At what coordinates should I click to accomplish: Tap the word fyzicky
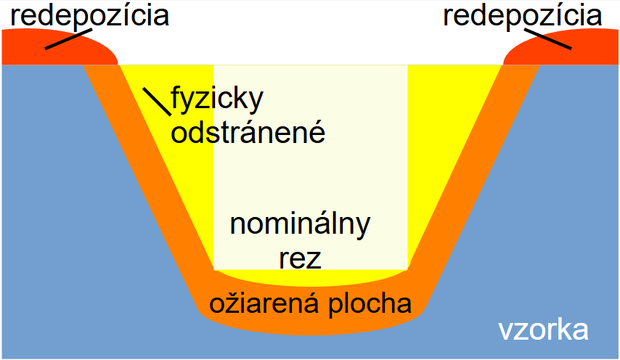coord(217,99)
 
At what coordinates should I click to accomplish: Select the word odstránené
coord(248,132)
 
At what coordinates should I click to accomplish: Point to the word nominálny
coord(300,225)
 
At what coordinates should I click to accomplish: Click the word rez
coord(300,259)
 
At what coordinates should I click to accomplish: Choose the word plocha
coord(370,305)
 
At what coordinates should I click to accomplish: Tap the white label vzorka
coord(543,330)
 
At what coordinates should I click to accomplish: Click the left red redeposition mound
coord(60,47)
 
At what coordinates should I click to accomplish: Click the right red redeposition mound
coord(560,47)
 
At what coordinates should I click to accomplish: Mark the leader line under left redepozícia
coord(68,38)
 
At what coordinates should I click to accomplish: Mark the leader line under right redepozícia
coord(548,39)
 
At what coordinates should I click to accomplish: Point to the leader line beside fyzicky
coord(157,102)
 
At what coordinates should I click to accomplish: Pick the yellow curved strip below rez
coord(311,279)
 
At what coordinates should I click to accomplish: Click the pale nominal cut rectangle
coord(311,167)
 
